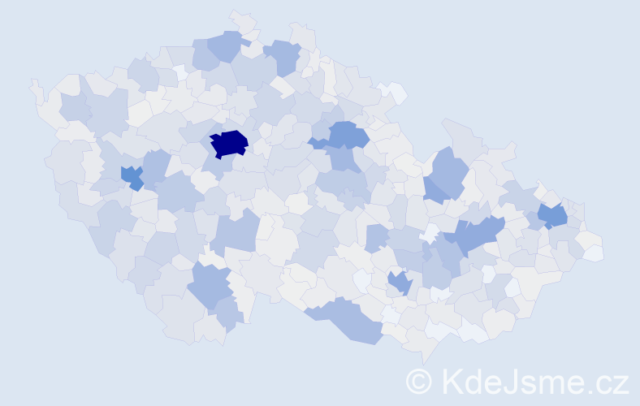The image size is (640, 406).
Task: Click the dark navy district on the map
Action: click(x=229, y=143)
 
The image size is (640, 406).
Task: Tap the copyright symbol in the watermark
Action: click(x=418, y=381)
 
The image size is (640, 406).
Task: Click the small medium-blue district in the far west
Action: click(x=132, y=176)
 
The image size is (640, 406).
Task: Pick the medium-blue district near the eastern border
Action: click(x=554, y=215)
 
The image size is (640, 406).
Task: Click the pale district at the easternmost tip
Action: click(x=594, y=253)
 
